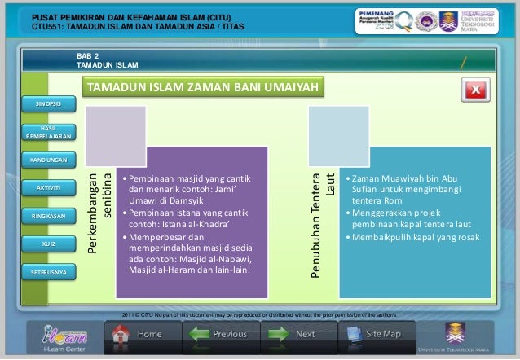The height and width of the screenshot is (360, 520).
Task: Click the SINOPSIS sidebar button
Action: point(48,105)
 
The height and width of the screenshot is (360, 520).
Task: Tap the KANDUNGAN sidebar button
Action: point(48,159)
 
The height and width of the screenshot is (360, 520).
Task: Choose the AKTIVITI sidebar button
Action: point(48,188)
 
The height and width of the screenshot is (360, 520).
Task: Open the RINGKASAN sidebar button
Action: point(48,217)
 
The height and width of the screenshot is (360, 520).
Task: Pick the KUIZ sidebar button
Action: point(48,244)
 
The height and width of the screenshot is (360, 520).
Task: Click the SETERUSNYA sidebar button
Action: point(48,271)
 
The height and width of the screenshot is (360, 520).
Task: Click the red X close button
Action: point(474,90)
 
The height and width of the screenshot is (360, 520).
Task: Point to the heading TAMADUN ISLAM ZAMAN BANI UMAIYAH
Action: point(202,87)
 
